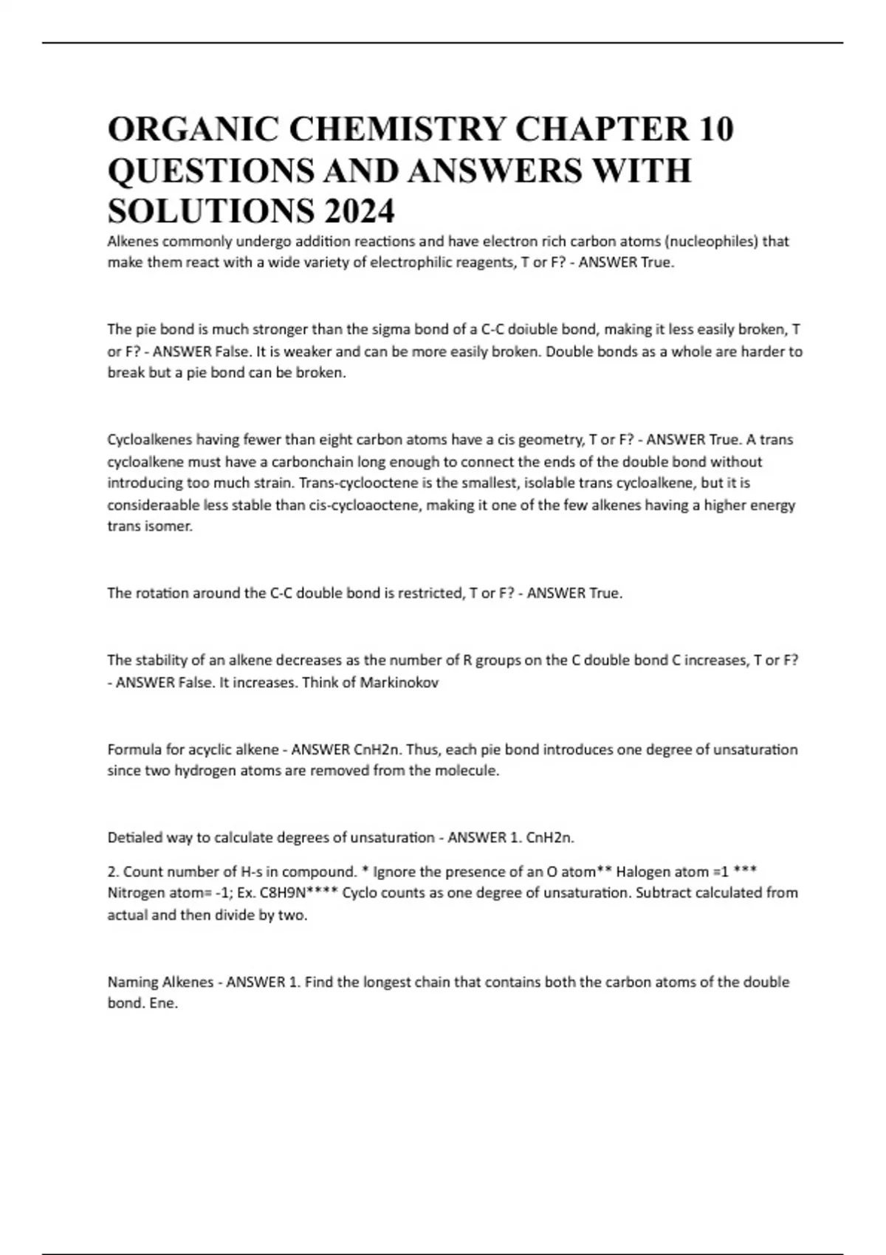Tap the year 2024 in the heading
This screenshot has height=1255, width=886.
tap(358, 211)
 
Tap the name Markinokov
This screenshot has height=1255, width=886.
tap(399, 682)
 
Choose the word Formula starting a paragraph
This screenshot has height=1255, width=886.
tap(134, 750)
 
